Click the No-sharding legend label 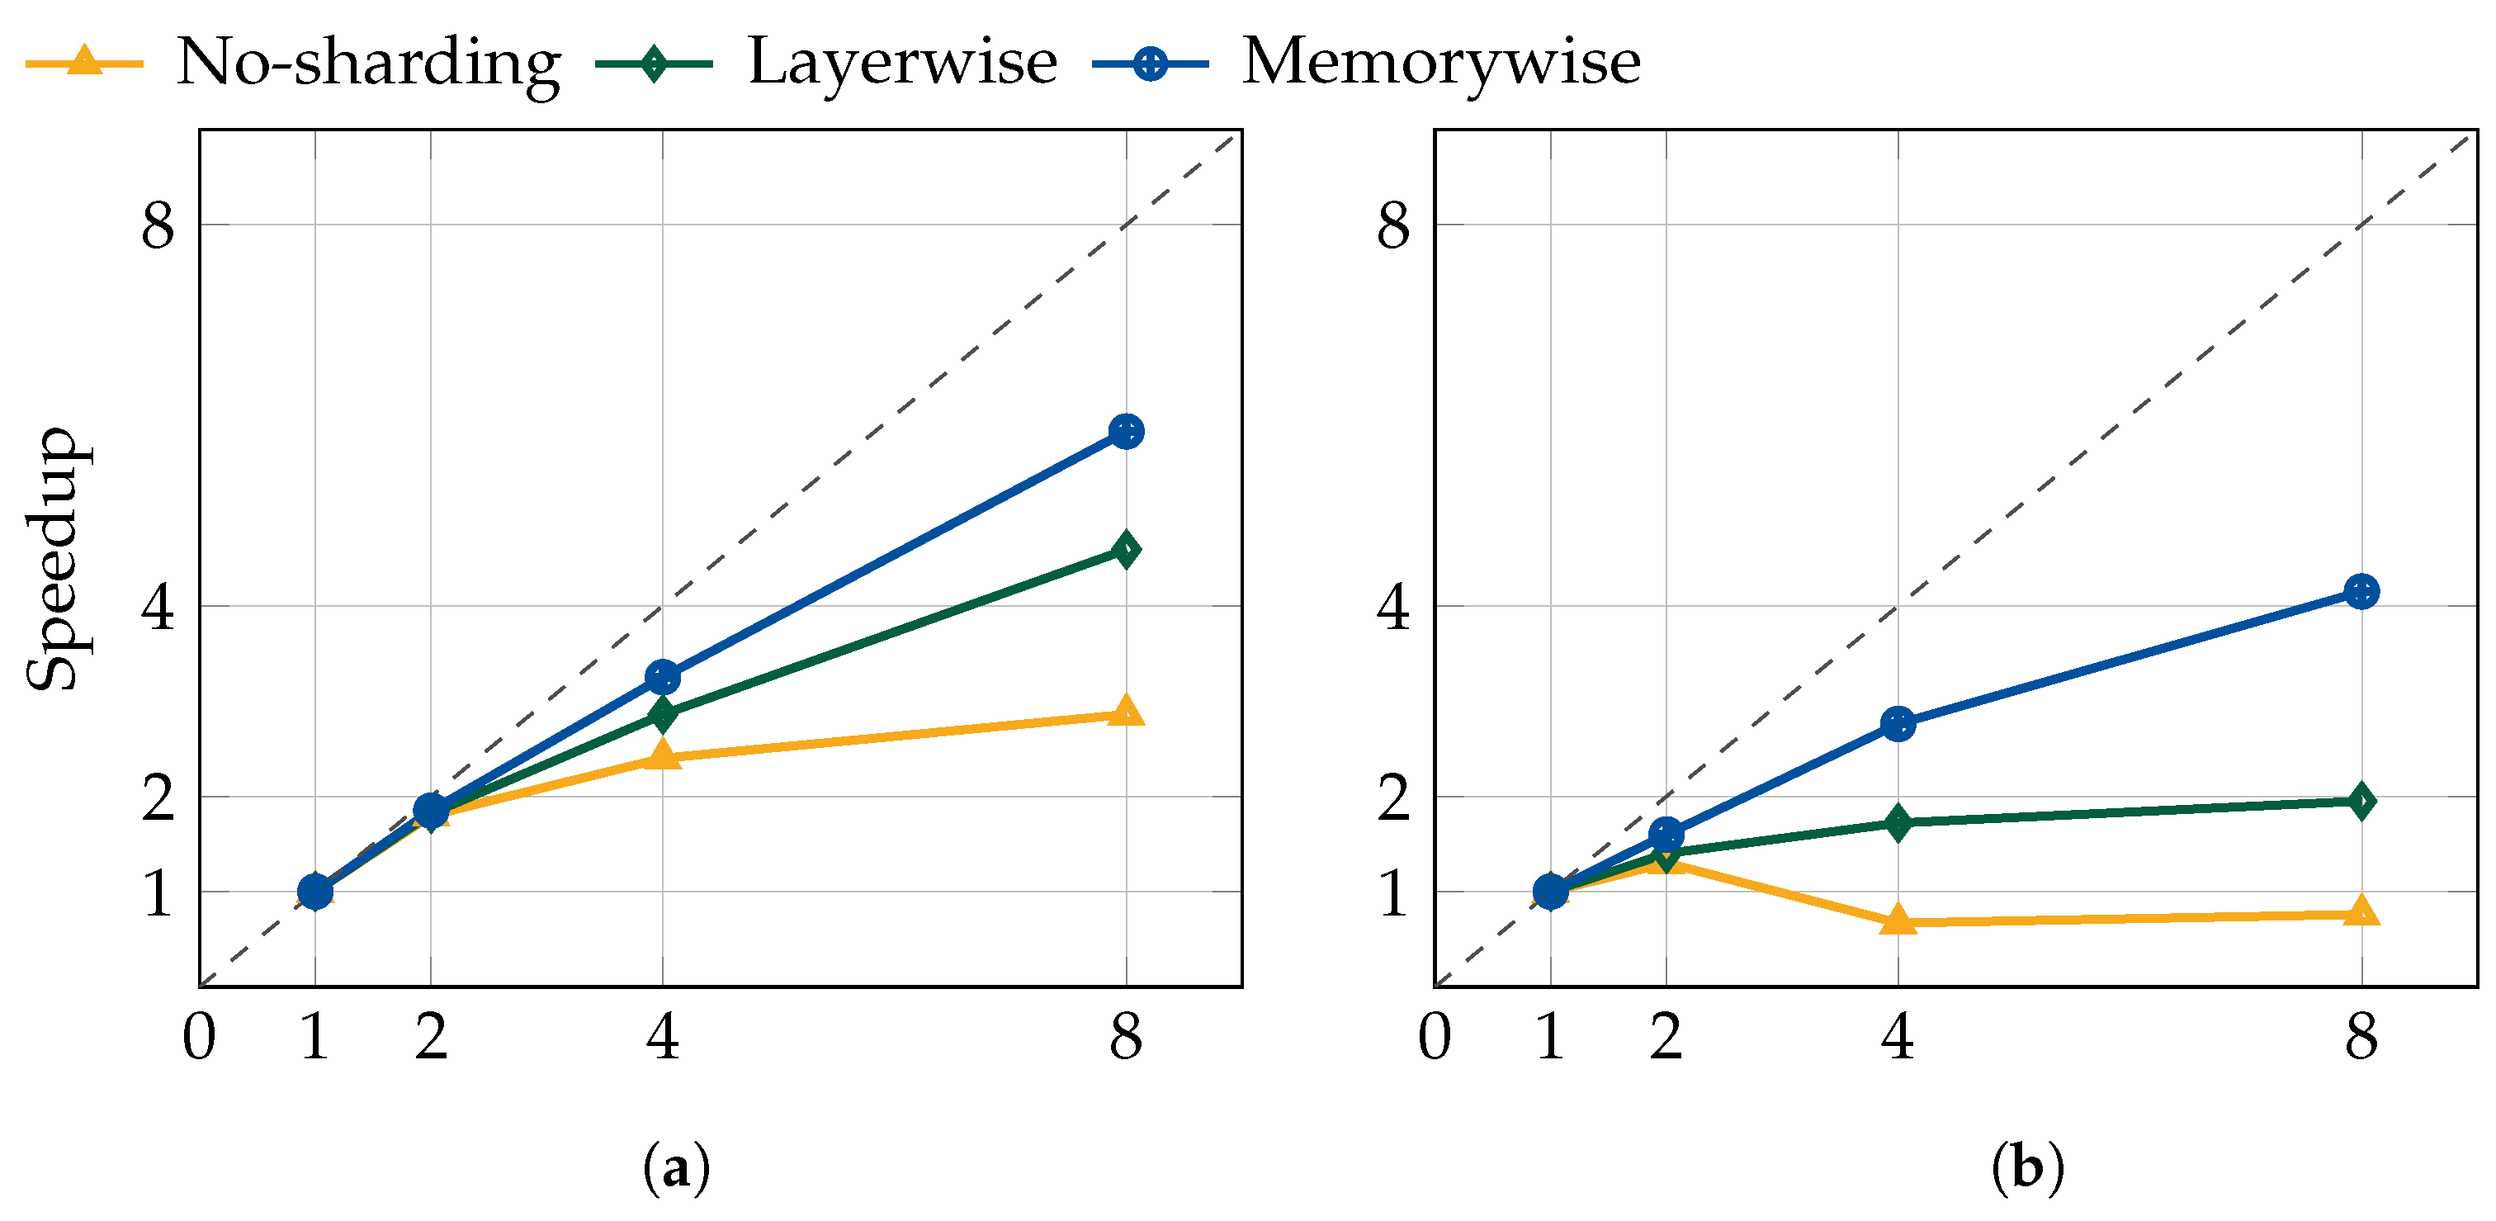368,62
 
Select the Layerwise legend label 902,62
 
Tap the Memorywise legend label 1441,62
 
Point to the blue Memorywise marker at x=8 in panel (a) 1126,431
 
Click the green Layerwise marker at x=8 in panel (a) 1126,551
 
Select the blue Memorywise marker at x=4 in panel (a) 663,677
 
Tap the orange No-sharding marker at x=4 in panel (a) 663,755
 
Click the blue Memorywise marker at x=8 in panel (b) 2361,591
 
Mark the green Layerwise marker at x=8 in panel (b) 2361,802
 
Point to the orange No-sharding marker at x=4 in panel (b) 1898,920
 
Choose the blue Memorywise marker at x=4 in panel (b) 1898,724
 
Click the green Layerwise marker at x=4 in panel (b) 1898,823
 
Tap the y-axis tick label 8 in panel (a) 158,225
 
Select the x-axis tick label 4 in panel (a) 663,1037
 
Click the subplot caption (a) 676,1169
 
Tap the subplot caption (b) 2027,1169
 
